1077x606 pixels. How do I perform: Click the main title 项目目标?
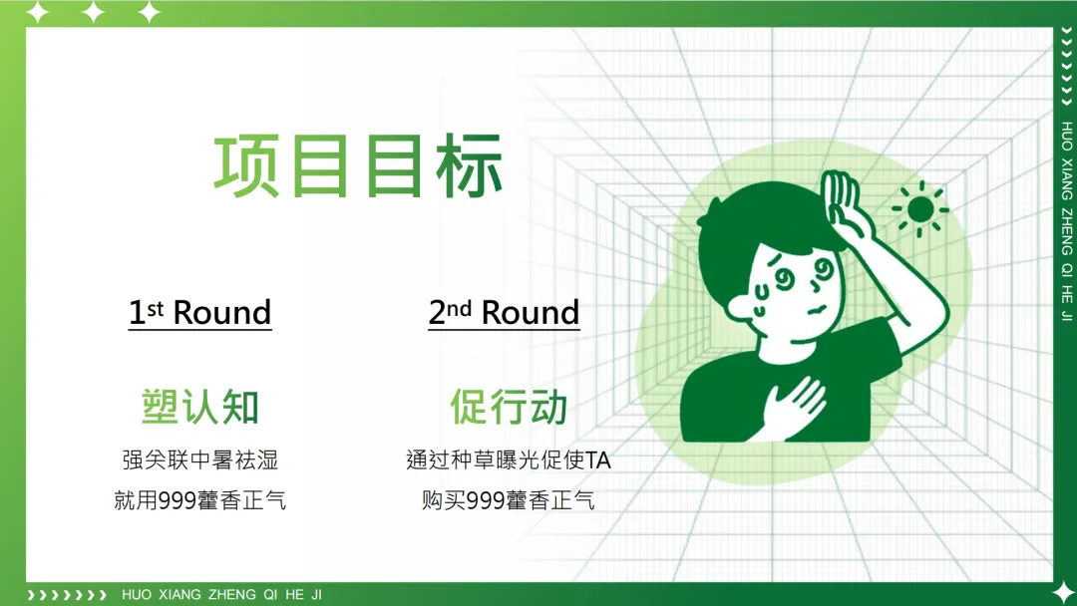[x=358, y=167]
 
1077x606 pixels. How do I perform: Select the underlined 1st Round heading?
[x=199, y=313]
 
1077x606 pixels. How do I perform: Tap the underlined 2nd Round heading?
[x=504, y=313]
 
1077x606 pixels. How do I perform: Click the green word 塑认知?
[x=199, y=407]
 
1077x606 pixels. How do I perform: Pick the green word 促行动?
[x=509, y=407]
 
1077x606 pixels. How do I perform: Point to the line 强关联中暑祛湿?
[x=199, y=459]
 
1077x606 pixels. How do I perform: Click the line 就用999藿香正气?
[x=199, y=499]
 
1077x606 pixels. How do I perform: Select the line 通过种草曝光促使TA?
[x=508, y=459]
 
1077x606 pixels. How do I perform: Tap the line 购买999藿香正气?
[x=508, y=499]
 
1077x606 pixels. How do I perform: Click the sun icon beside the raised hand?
[x=919, y=208]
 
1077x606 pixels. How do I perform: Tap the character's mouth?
[x=816, y=310]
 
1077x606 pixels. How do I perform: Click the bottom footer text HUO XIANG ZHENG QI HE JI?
[x=221, y=594]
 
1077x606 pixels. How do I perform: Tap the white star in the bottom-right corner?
[x=1064, y=594]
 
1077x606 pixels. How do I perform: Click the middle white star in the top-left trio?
[x=93, y=13]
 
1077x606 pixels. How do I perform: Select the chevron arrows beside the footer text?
[x=67, y=594]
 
